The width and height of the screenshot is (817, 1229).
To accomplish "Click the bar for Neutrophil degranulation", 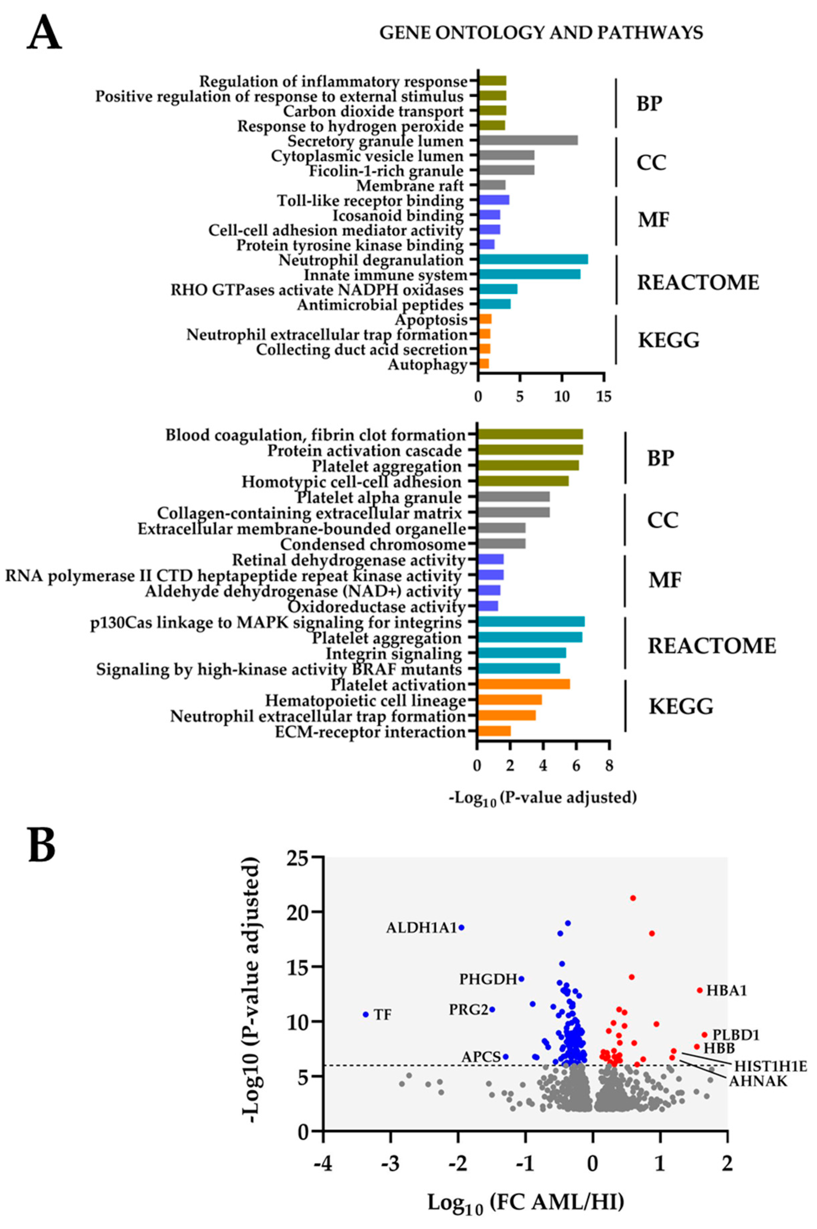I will tap(533, 259).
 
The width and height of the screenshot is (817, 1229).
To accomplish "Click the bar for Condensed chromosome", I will tap(501, 544).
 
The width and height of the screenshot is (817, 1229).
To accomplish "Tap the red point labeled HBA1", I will tap(700, 990).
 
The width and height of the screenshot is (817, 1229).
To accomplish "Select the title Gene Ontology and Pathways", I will tap(541, 33).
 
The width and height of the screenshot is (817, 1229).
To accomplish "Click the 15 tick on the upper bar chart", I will tap(604, 396).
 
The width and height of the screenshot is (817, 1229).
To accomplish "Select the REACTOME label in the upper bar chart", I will tap(698, 282).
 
